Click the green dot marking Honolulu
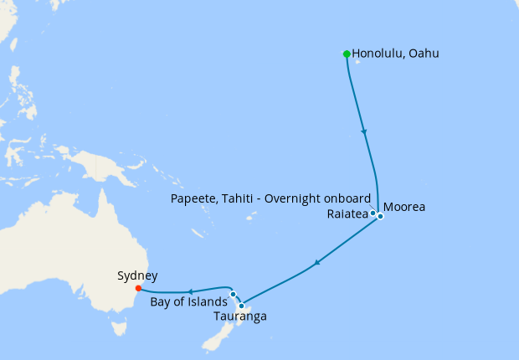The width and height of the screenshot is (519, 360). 347,54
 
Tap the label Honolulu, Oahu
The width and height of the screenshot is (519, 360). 395,54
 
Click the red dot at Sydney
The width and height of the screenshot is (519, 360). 138,288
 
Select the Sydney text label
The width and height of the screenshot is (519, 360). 137,275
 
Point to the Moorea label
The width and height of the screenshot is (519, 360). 406,207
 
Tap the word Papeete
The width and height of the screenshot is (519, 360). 195,198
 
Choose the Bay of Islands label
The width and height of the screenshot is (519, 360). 188,301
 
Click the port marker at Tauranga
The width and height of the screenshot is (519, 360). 241,306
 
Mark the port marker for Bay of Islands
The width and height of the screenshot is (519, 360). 233,295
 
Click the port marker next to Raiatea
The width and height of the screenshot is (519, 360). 373,213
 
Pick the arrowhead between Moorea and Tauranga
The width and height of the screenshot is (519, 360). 316,264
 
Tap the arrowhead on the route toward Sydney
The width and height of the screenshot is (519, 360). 192,292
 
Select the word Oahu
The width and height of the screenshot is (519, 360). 422,54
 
